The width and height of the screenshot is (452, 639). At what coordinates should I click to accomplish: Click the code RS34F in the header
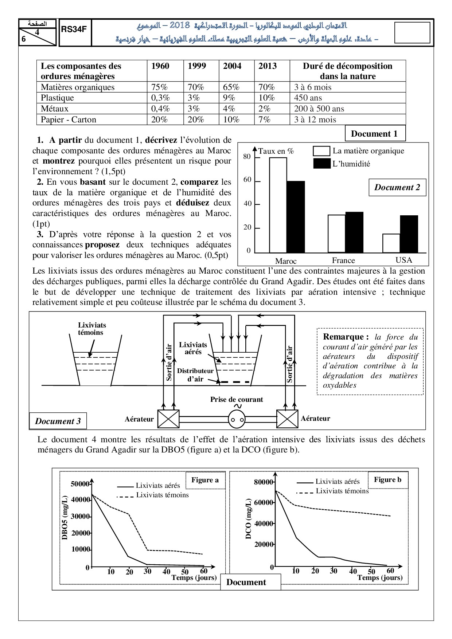(x=74, y=30)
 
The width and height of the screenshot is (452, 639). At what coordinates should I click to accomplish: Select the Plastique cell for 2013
(x=272, y=98)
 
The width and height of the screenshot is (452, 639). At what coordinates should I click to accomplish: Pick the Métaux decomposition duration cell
(x=347, y=109)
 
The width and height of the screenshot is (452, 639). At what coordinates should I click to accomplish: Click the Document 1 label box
(x=375, y=134)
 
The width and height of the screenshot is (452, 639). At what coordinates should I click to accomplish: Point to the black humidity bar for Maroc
(x=296, y=217)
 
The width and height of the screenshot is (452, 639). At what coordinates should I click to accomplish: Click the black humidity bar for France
(x=354, y=232)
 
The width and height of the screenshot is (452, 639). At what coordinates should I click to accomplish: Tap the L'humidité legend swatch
(x=322, y=164)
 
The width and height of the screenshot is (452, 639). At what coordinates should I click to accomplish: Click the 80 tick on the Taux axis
(x=247, y=157)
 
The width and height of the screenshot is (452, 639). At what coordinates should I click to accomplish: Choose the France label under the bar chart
(x=343, y=260)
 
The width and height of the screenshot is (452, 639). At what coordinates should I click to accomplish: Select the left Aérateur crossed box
(x=168, y=419)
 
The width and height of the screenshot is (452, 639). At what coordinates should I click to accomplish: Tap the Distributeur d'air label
(x=195, y=375)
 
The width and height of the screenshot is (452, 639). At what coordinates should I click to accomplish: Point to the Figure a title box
(x=205, y=480)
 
